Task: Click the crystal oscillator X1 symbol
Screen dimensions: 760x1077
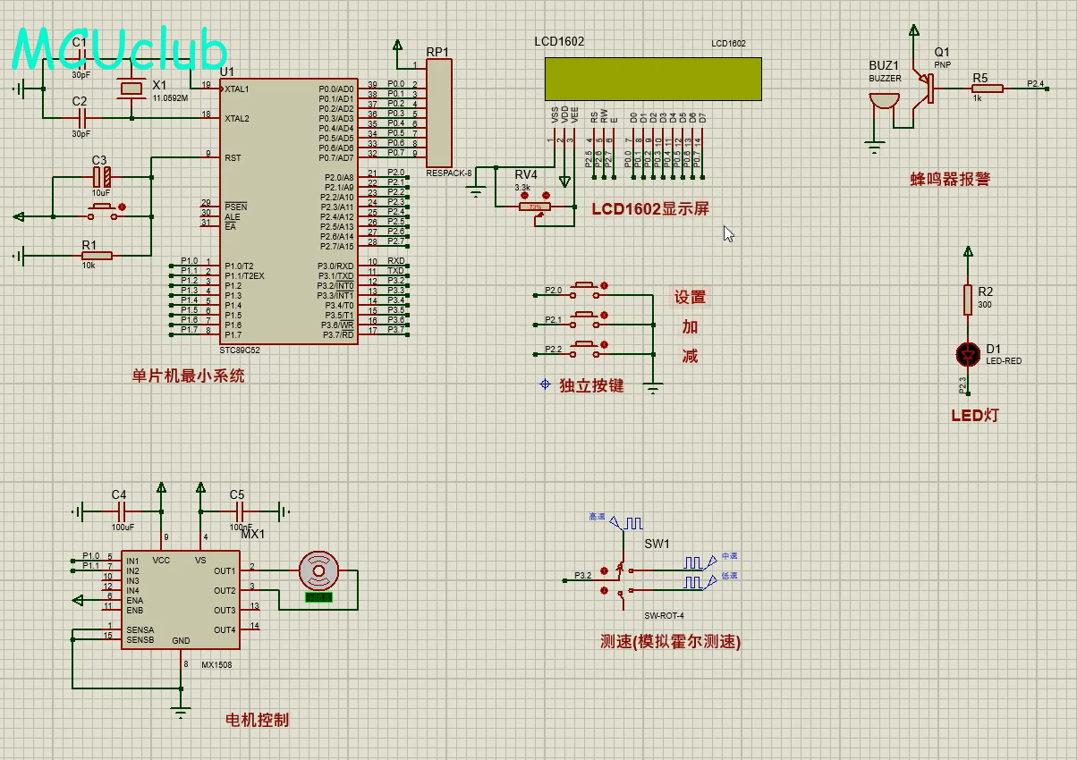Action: pos(131,89)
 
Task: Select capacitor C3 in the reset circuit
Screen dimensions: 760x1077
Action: pos(101,177)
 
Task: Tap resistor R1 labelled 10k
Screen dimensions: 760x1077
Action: pos(97,256)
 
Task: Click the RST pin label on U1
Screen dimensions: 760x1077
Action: pos(233,157)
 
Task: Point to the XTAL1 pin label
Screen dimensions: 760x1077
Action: pos(238,89)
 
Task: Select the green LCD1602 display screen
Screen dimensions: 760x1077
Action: pos(652,79)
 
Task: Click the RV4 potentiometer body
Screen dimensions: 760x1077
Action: pos(536,207)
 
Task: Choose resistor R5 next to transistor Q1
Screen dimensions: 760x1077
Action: pos(988,89)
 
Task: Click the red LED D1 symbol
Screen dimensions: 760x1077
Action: pos(967,354)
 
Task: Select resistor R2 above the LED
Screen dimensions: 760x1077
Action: pos(967,300)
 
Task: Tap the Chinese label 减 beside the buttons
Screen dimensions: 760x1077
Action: pos(690,356)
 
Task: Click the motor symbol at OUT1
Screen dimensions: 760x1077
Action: pos(318,569)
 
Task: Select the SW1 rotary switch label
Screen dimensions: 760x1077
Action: pos(657,544)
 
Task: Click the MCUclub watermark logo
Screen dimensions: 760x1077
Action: pos(120,49)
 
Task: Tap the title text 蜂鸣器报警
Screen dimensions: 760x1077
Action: pos(950,179)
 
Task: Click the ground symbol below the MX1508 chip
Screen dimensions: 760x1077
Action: pos(182,713)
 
